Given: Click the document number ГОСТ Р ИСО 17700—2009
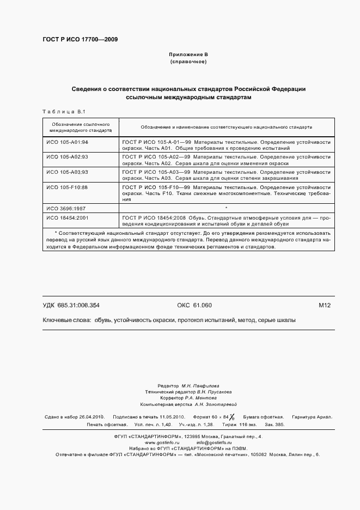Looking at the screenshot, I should [x=80, y=40].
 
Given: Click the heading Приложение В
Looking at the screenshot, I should [x=188, y=55].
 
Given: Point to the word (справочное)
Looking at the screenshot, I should [x=188, y=62].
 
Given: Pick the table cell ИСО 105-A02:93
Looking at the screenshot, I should [x=67, y=156].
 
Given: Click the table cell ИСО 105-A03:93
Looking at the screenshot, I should [x=67, y=172].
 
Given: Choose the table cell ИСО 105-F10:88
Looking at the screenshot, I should [x=67, y=187].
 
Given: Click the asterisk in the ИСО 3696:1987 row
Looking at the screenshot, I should [x=225, y=208].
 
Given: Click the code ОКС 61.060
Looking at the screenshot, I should [x=194, y=305].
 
